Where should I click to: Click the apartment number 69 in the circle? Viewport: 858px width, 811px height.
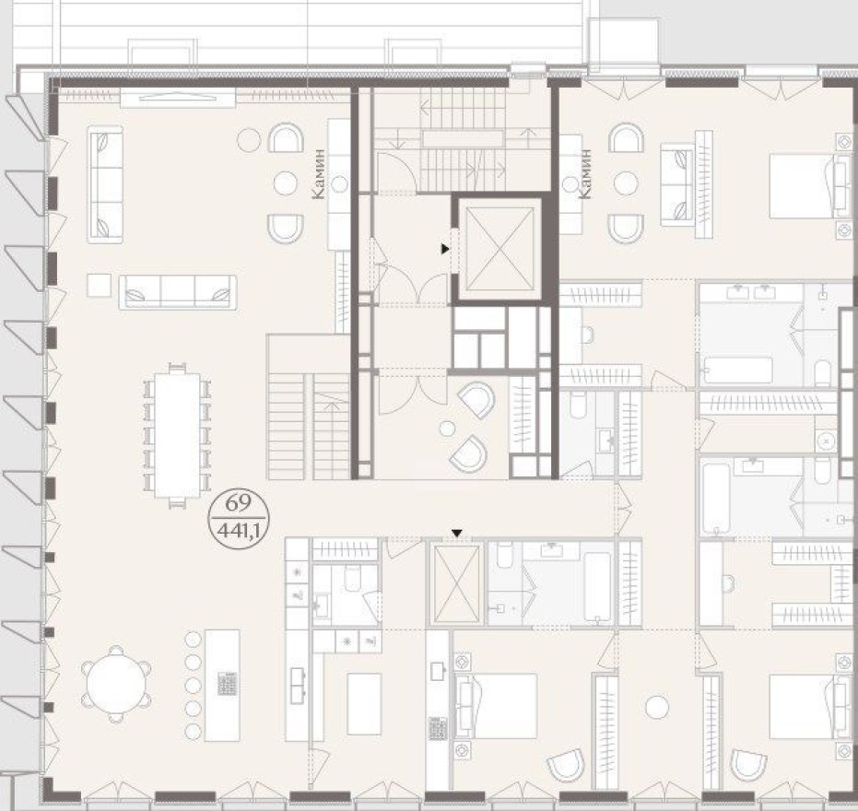(238, 503)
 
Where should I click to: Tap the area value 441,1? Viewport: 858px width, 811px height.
(238, 531)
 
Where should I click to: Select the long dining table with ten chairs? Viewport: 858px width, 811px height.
(177, 434)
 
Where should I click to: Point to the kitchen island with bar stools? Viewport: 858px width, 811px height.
(221, 683)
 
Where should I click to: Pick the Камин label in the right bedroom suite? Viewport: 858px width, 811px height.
(583, 175)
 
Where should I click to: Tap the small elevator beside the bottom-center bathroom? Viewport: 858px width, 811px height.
(456, 584)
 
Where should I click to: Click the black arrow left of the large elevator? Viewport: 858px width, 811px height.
(445, 249)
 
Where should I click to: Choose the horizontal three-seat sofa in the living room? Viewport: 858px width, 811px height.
(177, 291)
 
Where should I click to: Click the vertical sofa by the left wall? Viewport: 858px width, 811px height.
(106, 184)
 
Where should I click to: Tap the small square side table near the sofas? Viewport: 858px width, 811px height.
(99, 286)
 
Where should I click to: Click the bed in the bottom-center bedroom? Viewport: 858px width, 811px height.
(498, 705)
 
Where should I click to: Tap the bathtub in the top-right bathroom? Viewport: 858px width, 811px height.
(735, 370)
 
